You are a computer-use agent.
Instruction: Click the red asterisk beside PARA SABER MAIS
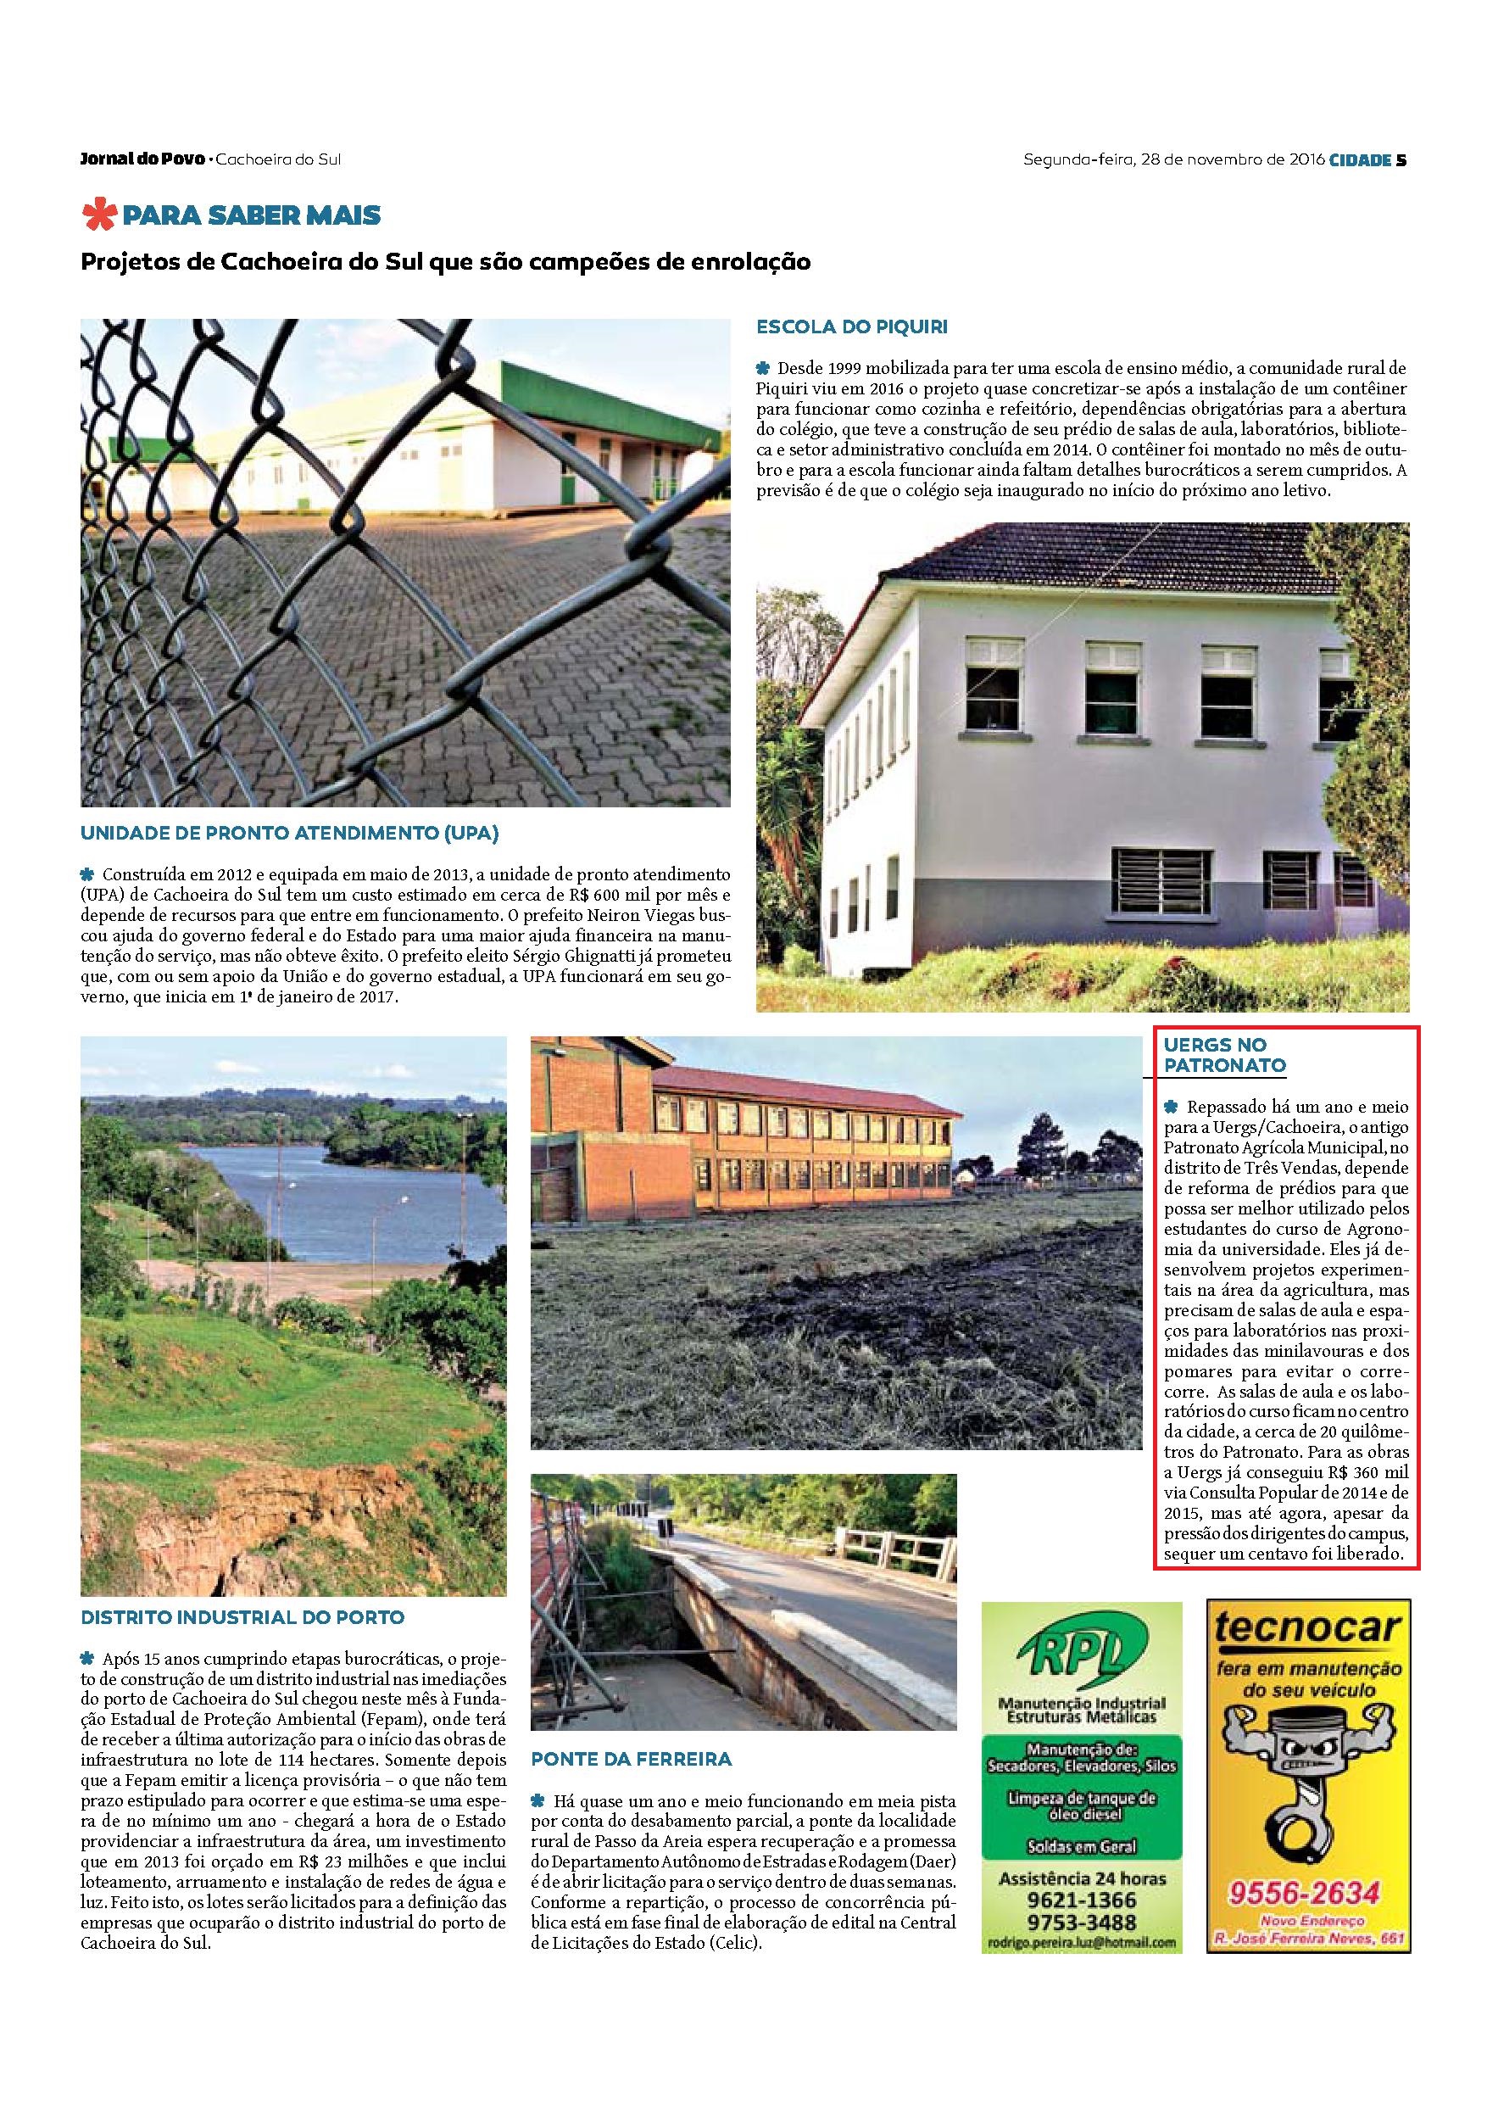[x=100, y=215]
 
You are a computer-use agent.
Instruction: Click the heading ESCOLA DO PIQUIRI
[x=851, y=326]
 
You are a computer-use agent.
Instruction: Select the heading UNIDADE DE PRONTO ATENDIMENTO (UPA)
[x=290, y=834]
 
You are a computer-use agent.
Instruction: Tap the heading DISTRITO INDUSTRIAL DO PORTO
[x=242, y=1617]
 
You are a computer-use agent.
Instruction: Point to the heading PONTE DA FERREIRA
[x=632, y=1759]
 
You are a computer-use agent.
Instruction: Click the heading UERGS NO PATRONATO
[x=1224, y=1055]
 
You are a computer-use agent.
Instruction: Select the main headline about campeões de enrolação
[x=446, y=262]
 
